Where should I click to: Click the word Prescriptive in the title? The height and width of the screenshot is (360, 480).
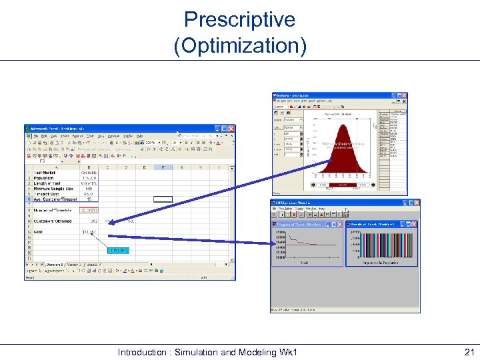click(x=239, y=19)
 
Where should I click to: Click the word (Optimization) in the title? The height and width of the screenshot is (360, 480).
click(x=239, y=45)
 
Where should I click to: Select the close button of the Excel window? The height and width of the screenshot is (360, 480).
click(x=231, y=128)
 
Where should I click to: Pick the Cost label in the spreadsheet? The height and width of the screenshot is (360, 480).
click(x=39, y=232)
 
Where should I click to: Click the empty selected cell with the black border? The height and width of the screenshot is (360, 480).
click(x=163, y=199)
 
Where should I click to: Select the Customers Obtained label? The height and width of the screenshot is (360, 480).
click(x=53, y=221)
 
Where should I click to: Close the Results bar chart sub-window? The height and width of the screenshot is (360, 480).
click(x=415, y=225)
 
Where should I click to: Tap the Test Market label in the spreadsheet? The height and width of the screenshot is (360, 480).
click(x=45, y=173)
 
